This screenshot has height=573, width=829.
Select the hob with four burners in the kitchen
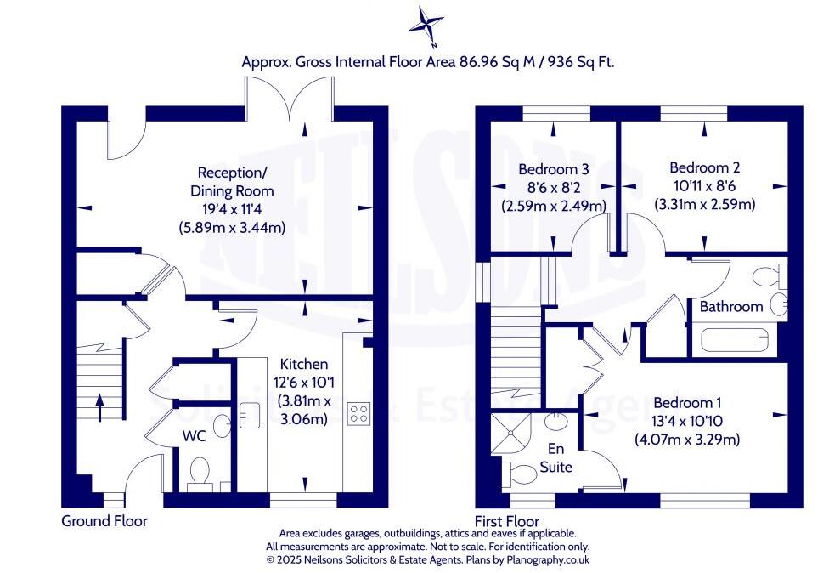click(358, 414)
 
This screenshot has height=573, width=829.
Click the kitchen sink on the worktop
click(249, 414)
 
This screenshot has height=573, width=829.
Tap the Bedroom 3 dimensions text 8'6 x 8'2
click(553, 187)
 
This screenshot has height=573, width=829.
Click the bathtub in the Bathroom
click(738, 342)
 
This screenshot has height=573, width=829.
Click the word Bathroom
click(731, 306)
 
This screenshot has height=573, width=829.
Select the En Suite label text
click(557, 458)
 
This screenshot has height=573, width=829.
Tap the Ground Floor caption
click(104, 520)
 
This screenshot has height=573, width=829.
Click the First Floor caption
click(506, 520)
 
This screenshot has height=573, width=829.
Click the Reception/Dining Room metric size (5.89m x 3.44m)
click(231, 227)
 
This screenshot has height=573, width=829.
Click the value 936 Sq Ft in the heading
click(577, 62)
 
